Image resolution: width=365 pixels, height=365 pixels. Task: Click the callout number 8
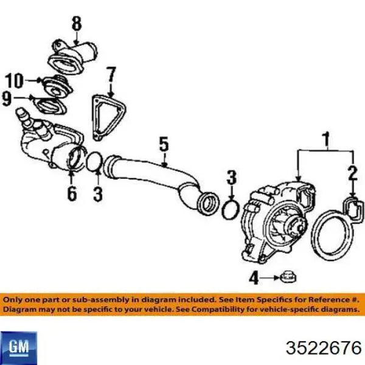click(x=77, y=24)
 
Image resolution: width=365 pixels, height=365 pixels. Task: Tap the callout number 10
click(x=15, y=80)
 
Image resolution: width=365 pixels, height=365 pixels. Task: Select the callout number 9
click(x=7, y=99)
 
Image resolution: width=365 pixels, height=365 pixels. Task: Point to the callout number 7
click(x=111, y=75)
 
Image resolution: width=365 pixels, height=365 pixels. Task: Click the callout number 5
click(x=164, y=145)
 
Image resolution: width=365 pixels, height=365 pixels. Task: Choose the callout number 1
click(x=327, y=139)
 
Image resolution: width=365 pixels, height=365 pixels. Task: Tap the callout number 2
click(x=353, y=173)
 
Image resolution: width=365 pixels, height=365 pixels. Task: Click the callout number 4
click(x=254, y=278)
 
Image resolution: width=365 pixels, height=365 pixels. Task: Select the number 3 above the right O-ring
click(x=232, y=178)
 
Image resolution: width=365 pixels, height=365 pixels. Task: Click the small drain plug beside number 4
click(x=288, y=277)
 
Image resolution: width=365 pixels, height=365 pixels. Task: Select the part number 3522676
click(x=324, y=348)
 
